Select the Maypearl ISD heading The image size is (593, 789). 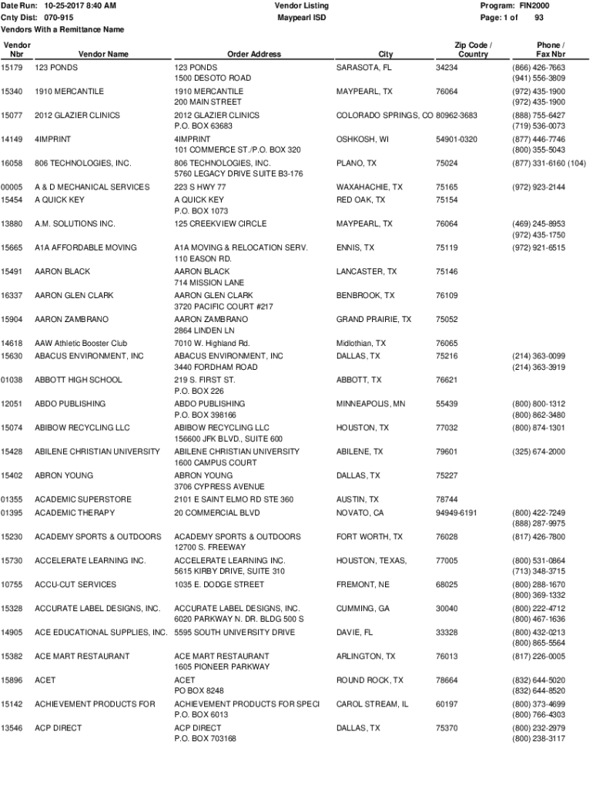click(301, 17)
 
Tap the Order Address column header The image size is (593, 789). click(254, 55)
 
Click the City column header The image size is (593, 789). click(386, 55)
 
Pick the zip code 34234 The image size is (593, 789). click(447, 68)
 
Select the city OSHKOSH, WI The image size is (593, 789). click(363, 139)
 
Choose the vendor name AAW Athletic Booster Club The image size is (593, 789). click(81, 344)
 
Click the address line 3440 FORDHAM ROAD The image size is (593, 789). click(216, 368)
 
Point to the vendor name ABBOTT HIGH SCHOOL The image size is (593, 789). click(78, 380)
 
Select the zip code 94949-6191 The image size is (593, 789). click(456, 513)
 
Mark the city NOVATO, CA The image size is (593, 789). click(360, 513)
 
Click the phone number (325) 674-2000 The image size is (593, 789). click(538, 452)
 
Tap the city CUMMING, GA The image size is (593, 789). click(363, 609)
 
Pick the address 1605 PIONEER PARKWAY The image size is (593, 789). click(222, 667)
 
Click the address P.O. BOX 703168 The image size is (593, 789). click(205, 739)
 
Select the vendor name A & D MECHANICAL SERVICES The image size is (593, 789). click(92, 187)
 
